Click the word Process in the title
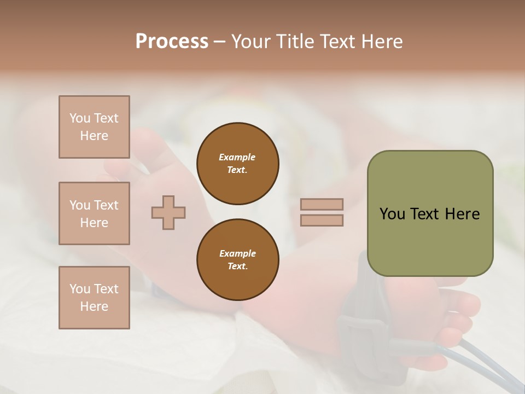(x=172, y=42)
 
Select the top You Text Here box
(x=94, y=127)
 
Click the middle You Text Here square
(x=94, y=213)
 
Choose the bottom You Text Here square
(x=94, y=298)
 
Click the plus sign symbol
(x=168, y=212)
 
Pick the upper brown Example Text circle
(x=237, y=164)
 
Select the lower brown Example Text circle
(x=237, y=260)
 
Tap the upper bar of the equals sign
(x=322, y=205)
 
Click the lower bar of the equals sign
(x=322, y=221)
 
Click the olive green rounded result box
(x=430, y=241)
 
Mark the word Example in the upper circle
(x=237, y=157)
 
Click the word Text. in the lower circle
(x=237, y=266)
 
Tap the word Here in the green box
(x=462, y=214)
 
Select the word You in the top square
(x=80, y=118)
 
